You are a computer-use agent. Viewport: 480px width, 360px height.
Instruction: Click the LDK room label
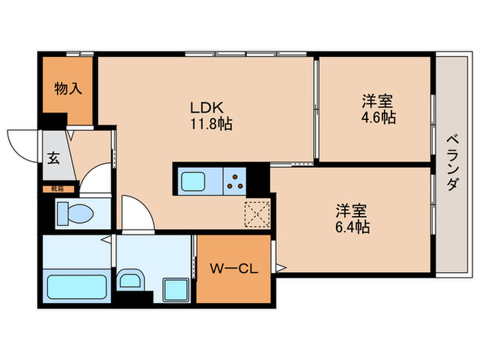click(205, 108)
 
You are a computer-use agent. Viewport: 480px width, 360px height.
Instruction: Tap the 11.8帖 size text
click(205, 125)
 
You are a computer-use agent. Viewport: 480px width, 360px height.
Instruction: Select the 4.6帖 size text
click(379, 117)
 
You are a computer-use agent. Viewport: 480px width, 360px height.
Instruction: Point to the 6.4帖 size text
click(352, 226)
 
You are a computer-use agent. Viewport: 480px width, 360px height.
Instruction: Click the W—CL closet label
click(232, 269)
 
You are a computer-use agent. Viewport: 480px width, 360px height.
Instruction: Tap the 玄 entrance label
click(53, 157)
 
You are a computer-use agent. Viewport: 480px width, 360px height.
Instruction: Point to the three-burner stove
click(235, 181)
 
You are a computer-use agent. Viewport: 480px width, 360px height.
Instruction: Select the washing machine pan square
click(176, 290)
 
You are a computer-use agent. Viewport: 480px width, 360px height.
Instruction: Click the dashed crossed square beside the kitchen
click(259, 213)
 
